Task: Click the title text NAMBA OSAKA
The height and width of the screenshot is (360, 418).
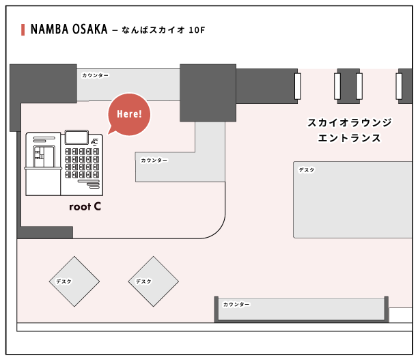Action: tap(69, 30)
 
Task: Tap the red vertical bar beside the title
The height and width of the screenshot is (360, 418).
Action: tap(24, 30)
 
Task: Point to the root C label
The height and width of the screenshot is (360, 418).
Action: tap(85, 206)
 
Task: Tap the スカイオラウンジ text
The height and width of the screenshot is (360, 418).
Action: tap(349, 123)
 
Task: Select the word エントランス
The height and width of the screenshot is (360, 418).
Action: tap(349, 138)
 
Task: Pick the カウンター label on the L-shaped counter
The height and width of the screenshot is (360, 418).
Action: tap(154, 161)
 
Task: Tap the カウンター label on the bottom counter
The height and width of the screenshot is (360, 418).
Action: tap(236, 304)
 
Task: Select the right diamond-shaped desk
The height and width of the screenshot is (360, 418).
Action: tap(153, 281)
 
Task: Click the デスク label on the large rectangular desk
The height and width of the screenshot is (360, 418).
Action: tap(307, 170)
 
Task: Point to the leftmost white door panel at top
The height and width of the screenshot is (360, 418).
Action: tap(298, 86)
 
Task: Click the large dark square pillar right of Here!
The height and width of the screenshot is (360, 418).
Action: tap(208, 93)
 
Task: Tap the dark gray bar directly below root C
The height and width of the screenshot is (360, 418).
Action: tap(45, 232)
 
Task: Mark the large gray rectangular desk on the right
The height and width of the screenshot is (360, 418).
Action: tap(352, 199)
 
